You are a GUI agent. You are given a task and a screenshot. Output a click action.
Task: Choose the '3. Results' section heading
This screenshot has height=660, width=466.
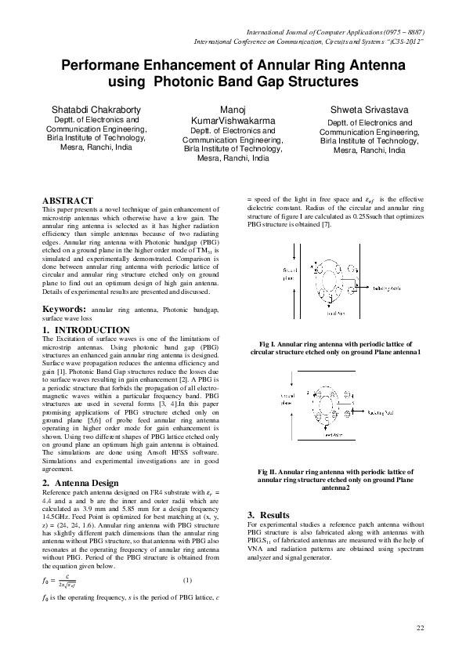268,514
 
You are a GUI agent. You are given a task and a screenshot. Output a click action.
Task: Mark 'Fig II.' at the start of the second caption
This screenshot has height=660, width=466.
270,472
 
